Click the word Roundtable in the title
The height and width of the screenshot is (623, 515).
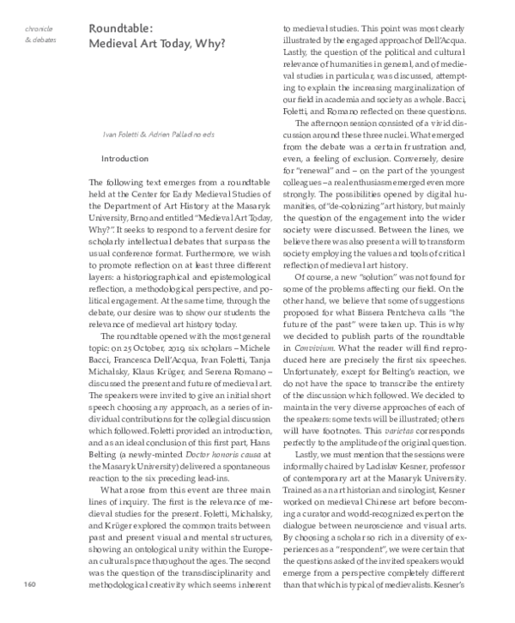point(118,28)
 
